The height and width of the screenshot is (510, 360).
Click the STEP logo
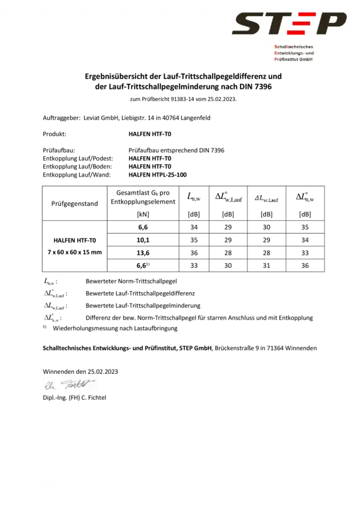(289, 24)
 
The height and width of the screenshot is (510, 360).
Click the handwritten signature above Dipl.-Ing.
(69, 385)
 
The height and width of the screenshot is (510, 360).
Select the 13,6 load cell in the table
(143, 253)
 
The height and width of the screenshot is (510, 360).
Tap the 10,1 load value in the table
(143, 240)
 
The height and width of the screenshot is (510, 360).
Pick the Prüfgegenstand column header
(75, 203)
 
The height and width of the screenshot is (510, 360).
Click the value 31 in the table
(266, 266)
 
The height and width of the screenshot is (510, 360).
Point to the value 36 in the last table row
(305, 266)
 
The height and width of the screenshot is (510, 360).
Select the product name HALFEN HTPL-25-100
(158, 175)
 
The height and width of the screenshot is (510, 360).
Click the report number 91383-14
(182, 100)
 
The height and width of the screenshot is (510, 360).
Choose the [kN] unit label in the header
(143, 215)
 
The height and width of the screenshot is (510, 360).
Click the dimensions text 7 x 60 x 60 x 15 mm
(75, 252)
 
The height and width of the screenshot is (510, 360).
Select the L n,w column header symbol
(194, 197)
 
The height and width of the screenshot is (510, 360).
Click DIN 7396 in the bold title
(256, 86)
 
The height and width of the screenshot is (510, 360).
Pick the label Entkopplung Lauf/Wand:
(76, 175)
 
